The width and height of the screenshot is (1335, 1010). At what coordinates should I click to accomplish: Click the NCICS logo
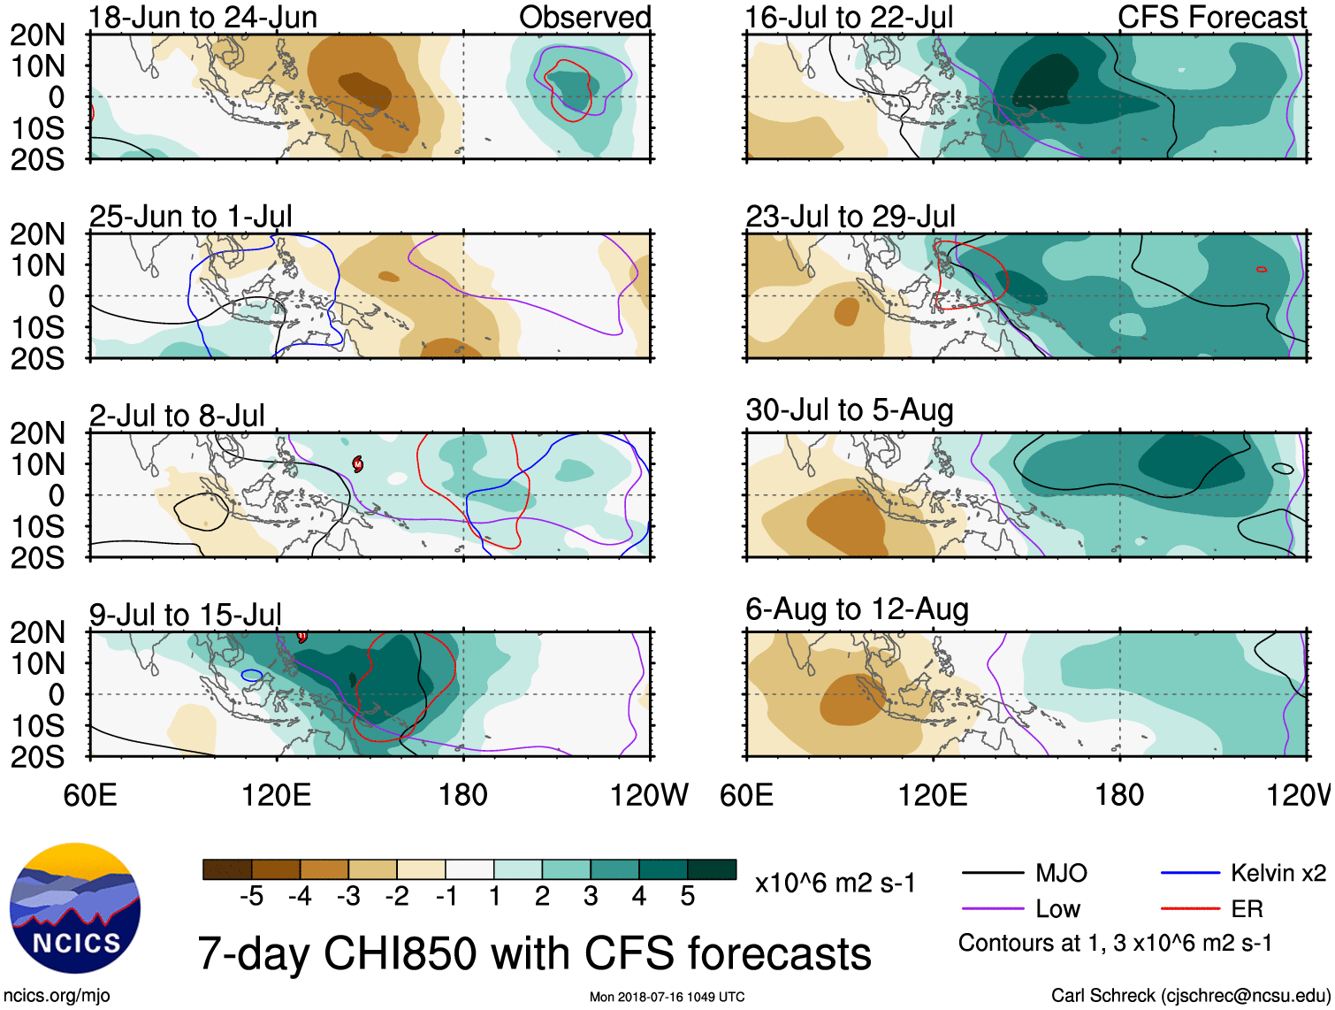point(75,908)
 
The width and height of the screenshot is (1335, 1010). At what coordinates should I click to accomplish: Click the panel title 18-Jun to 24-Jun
point(202,17)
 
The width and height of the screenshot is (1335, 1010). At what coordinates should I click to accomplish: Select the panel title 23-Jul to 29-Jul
point(851,216)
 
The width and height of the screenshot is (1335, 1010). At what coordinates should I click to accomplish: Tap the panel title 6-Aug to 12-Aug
point(857,608)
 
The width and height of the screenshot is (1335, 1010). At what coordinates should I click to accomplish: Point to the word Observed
point(584,17)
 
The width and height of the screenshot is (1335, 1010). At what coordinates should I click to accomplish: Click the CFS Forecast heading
point(1211,17)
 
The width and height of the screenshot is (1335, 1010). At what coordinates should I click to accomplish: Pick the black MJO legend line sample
point(992,874)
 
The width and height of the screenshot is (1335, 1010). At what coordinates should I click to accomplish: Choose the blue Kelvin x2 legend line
point(1190,874)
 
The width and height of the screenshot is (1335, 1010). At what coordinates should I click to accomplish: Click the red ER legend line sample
point(1190,908)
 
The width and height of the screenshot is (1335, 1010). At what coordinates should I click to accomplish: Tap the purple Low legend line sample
point(992,908)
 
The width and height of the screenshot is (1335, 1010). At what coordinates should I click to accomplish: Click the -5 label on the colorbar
point(251,897)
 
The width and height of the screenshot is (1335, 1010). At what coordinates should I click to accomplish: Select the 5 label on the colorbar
point(687,897)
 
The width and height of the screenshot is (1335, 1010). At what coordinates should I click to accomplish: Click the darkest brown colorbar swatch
point(226,869)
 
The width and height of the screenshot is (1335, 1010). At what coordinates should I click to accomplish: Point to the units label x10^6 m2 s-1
point(835,883)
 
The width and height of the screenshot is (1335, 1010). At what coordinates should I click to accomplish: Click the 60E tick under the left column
point(90,794)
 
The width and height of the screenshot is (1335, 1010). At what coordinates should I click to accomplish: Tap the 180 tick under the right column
point(1119,794)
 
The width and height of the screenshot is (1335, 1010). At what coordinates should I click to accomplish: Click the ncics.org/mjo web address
point(57,995)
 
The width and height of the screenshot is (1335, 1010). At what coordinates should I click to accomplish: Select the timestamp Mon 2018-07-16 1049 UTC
point(667,997)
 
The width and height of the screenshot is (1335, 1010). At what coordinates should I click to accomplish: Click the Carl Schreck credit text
point(1190,995)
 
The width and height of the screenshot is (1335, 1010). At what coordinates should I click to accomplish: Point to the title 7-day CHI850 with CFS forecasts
point(534,953)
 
